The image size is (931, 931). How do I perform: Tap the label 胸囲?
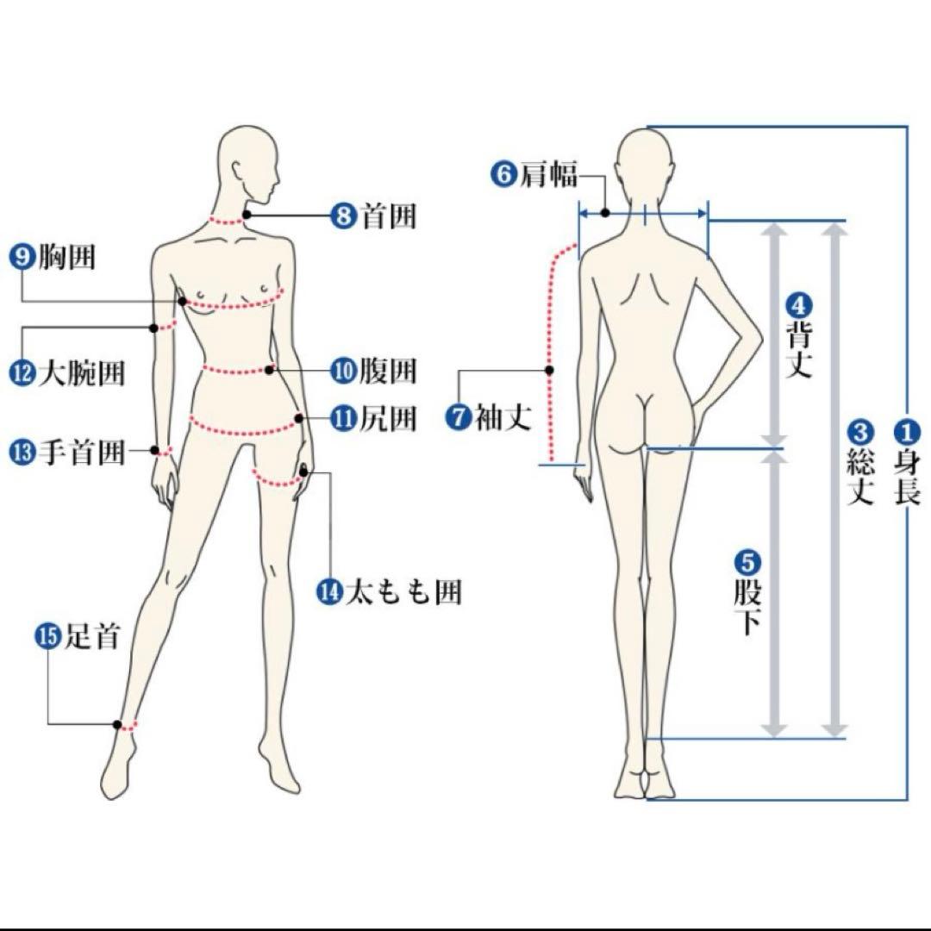66,258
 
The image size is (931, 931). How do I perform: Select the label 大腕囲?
82,374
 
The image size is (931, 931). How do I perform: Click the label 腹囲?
388,371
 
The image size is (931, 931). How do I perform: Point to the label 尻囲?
388,419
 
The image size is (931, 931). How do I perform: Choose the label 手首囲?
82,453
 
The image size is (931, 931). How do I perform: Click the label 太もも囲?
403,592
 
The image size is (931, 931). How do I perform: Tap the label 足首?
91,636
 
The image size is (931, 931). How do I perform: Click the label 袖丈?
503,417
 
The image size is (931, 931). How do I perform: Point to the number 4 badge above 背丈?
798,306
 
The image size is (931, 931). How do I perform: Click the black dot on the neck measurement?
247,215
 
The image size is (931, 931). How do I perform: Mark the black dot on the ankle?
117,724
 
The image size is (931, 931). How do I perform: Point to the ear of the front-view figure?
238,172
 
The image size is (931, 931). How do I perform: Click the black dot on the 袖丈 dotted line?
550,370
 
